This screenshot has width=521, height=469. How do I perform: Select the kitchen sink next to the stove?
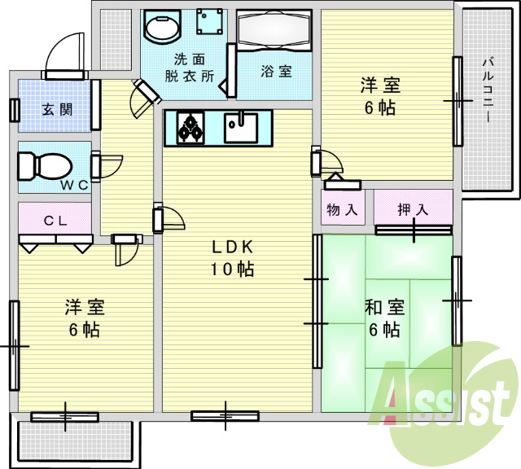click(241, 126)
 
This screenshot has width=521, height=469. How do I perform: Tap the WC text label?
click(73, 185)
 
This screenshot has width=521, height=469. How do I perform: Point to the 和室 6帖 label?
click(385, 318)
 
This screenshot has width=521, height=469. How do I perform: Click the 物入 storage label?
click(342, 210)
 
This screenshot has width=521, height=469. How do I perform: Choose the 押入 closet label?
click(413, 209)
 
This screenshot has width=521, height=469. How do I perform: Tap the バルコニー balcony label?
click(488, 90)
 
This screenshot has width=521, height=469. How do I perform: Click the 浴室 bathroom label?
click(276, 72)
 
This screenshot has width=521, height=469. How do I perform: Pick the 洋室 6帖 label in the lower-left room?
click(85, 318)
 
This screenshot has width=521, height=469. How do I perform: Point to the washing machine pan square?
click(209, 22)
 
